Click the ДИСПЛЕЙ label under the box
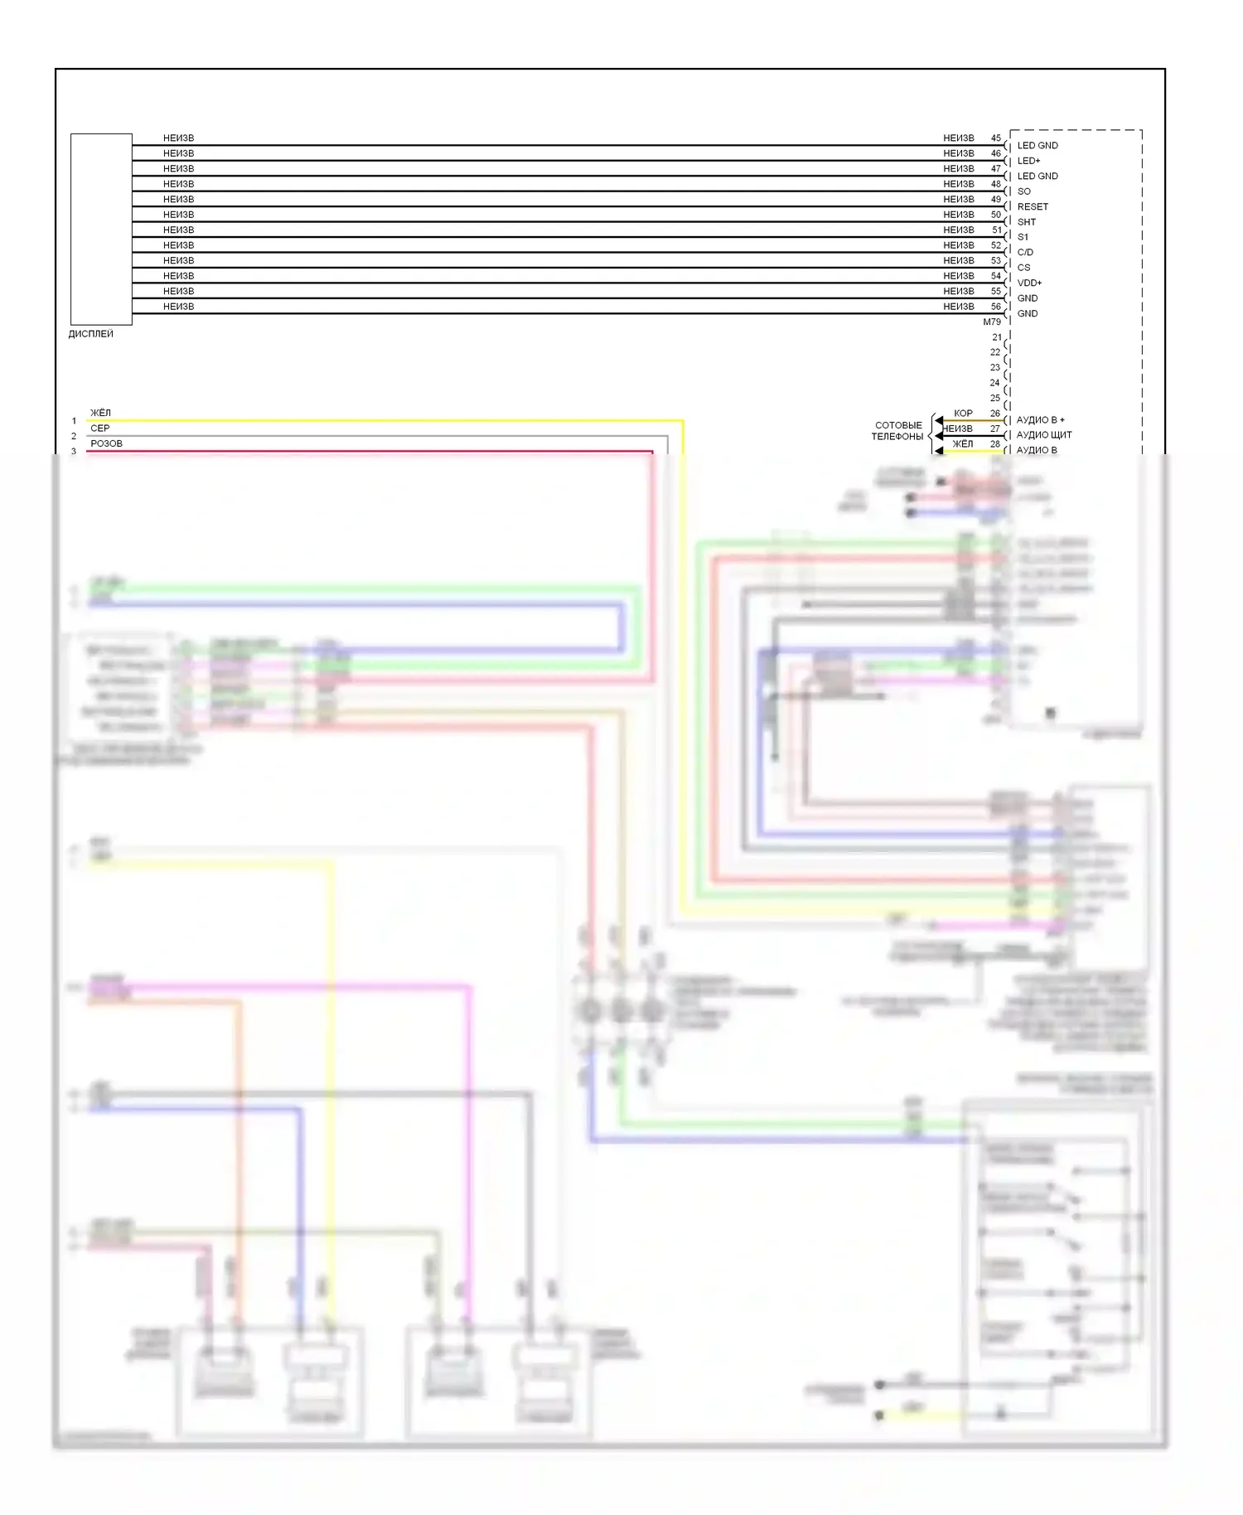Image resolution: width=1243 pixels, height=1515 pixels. pos(90,334)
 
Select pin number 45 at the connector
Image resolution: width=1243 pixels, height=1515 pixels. pos(995,138)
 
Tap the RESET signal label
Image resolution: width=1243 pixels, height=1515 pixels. pos(1033,206)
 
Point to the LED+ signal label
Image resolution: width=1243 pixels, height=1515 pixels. pos(1028,161)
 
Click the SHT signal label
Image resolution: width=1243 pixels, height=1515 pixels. pos(1027,222)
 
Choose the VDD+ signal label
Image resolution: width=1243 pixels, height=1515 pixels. pos(1029,283)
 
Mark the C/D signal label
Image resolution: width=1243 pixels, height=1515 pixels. pos(1025,252)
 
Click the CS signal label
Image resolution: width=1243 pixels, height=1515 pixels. pos(1023,268)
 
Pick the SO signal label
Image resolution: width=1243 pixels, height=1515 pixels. pos(1023,191)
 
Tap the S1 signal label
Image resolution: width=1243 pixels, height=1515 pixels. pos(1023,237)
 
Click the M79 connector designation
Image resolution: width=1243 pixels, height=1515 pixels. pos(992,322)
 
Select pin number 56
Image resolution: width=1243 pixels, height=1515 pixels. pos(995,307)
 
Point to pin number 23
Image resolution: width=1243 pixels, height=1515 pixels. pos(994,367)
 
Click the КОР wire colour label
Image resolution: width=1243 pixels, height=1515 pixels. pos(963,413)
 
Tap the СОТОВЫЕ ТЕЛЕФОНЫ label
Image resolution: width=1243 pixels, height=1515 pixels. pos(897,431)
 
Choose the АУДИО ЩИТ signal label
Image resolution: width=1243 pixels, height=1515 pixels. pos(1043,434)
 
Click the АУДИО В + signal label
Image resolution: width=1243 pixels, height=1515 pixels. pos(1040,419)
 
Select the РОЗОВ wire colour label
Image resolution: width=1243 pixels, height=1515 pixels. pos(106,443)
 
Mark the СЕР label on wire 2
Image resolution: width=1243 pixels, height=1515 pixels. pos(99,428)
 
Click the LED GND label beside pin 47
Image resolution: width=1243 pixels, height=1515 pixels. pos(1037,176)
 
